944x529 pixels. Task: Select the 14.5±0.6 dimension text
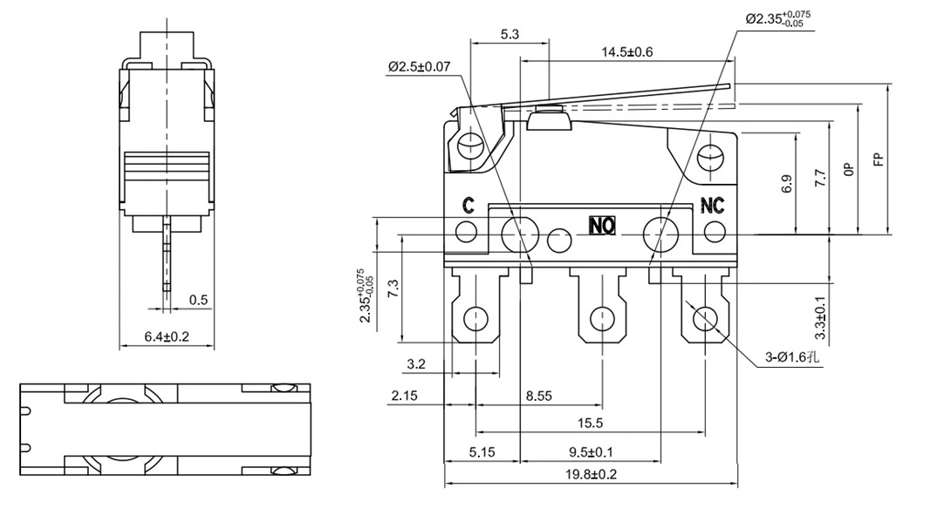tap(626, 52)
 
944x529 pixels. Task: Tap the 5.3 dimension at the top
tap(510, 35)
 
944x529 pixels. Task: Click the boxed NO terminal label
tap(602, 226)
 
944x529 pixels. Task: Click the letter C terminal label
tap(468, 207)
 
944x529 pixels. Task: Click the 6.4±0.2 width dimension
tap(166, 336)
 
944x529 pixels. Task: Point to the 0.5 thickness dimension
tap(199, 300)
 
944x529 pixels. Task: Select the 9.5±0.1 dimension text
tap(589, 452)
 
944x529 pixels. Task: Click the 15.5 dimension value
tap(589, 423)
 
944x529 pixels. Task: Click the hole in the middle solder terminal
tap(601, 319)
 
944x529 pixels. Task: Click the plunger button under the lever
tap(549, 120)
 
